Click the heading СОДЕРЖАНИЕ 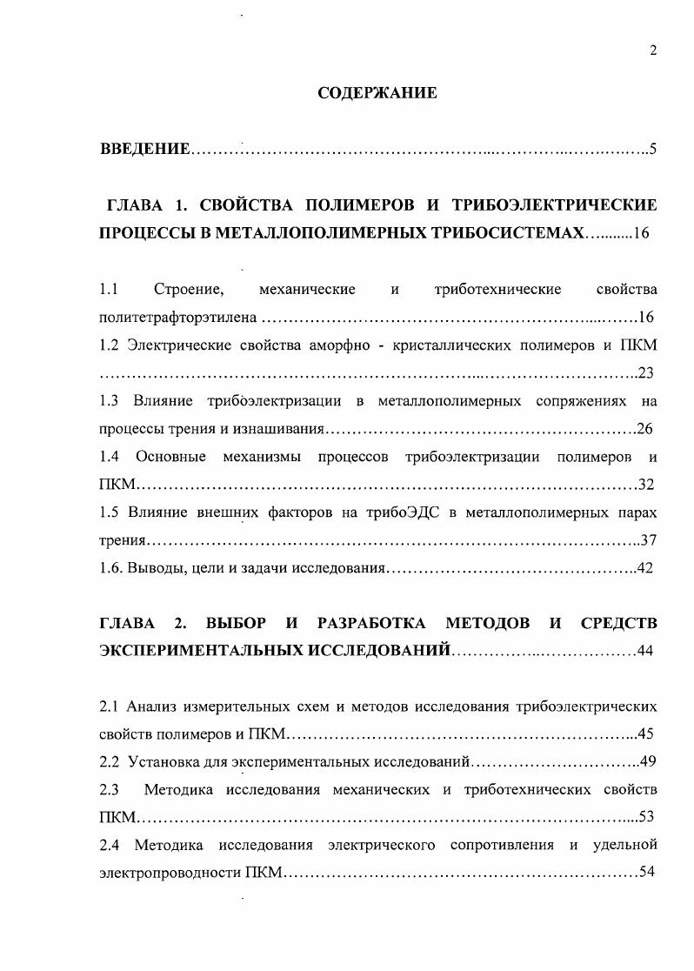point(377,92)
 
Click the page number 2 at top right point(652,50)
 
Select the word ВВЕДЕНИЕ point(144,149)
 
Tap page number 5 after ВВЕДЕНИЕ point(652,149)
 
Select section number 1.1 point(109,289)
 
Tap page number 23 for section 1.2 point(645,372)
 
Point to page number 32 point(645,484)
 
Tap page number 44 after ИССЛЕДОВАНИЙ point(645,650)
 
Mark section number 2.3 point(109,789)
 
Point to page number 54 point(645,872)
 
